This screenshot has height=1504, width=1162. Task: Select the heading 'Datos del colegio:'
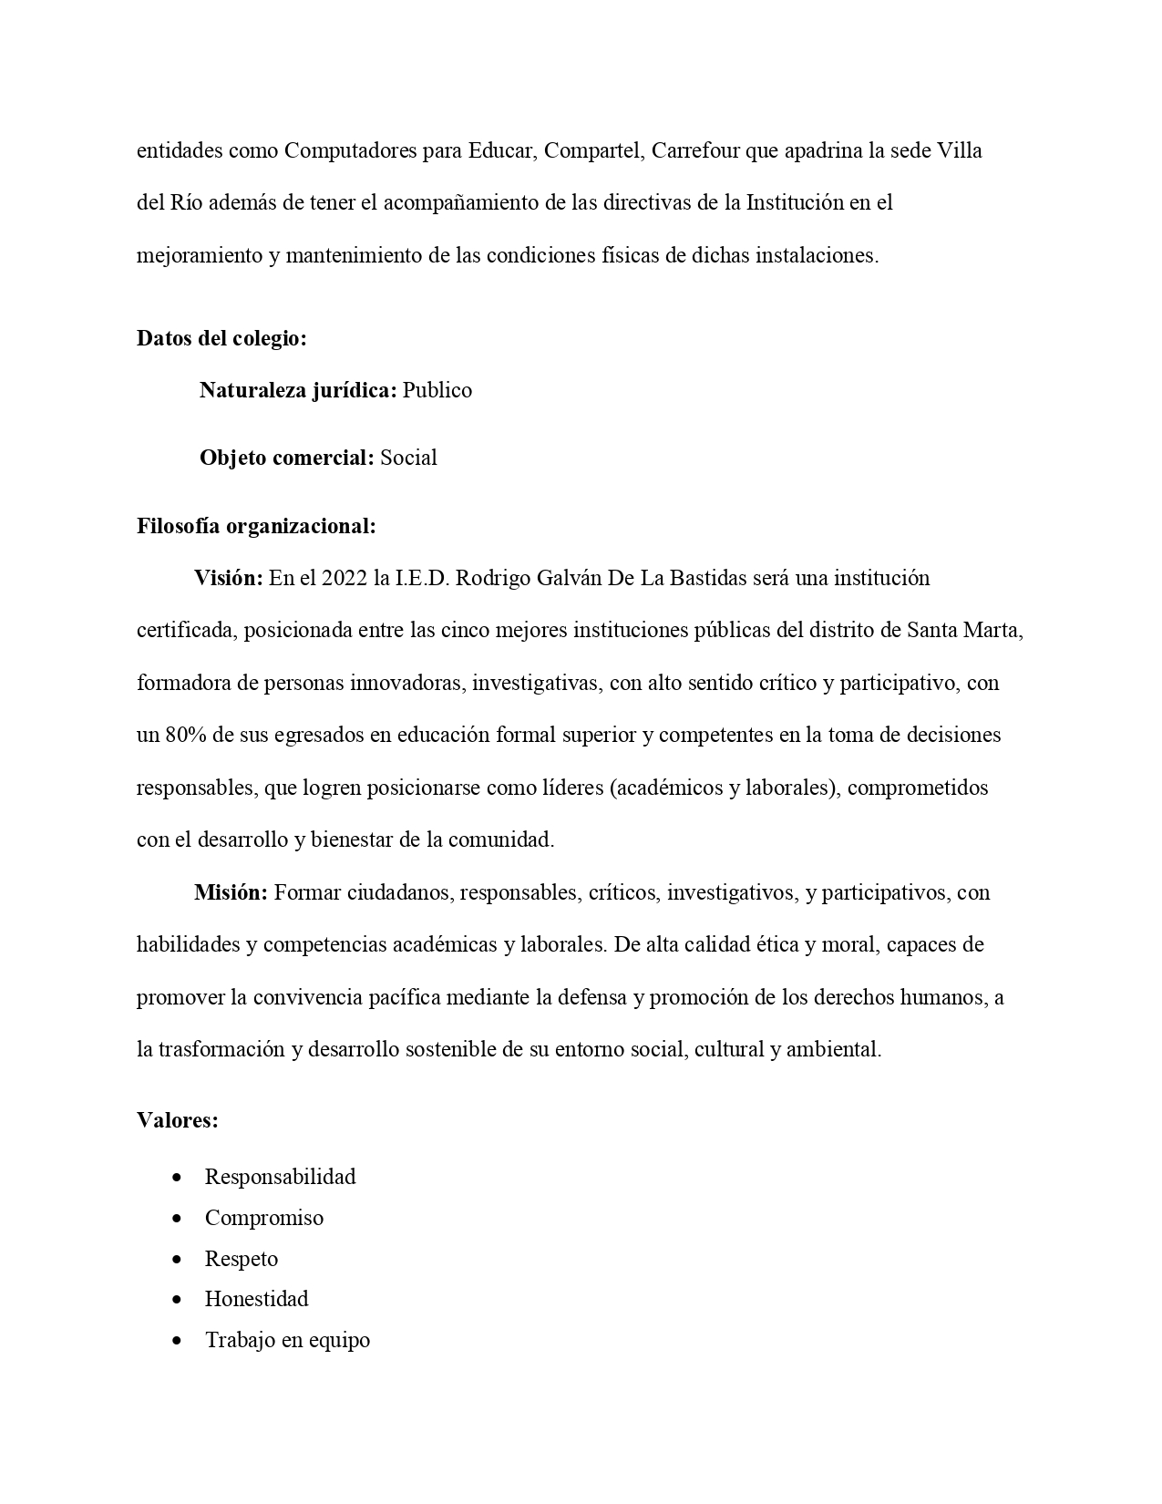(x=221, y=339)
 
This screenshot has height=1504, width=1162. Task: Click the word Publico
(x=437, y=391)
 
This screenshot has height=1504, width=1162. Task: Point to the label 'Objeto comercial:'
(x=286, y=458)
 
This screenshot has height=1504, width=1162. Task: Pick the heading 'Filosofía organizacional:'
(x=256, y=526)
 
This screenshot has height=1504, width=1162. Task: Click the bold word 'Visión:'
(x=229, y=578)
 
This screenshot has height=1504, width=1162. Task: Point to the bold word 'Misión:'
(x=231, y=892)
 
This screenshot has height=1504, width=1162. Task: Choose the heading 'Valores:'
(x=178, y=1120)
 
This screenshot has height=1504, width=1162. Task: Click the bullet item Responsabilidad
(x=280, y=1177)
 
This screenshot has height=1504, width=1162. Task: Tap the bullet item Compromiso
(x=264, y=1218)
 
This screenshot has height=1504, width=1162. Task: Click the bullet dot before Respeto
(x=177, y=1259)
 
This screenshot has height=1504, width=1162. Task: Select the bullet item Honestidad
(x=256, y=1299)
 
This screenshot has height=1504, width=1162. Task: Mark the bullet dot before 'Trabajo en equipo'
(x=177, y=1340)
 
